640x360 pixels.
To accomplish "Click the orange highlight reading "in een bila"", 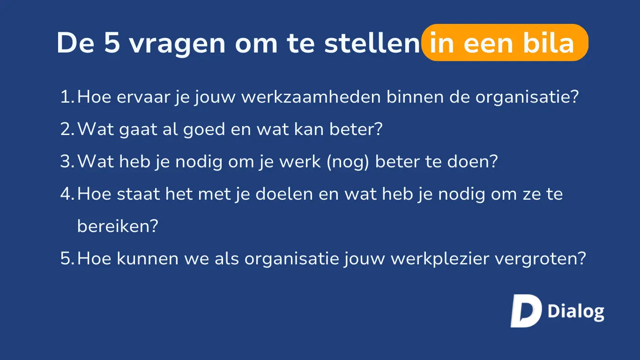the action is coord(505,43).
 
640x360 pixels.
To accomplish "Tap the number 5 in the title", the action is coord(112,43).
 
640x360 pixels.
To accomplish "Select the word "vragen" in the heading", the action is coord(177,45).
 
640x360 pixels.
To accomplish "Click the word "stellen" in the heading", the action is coord(372,43).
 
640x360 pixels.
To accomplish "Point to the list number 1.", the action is coord(67,97).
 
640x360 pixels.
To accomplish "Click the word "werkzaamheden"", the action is coord(311,97).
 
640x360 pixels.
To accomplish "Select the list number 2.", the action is coord(67,129).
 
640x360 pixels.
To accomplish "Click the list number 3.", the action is coord(67,161).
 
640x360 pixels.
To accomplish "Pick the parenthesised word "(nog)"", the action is coord(348,162).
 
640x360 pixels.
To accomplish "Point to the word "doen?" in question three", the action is coord(473,161).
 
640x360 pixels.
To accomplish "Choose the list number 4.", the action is coord(67,194).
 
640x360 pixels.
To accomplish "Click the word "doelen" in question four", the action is coord(284,194).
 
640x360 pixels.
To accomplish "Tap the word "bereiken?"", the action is coord(118,226).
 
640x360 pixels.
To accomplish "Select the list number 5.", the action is coord(67,258).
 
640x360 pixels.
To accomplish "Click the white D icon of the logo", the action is coord(526,311).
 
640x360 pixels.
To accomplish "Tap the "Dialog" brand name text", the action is coord(576,312).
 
